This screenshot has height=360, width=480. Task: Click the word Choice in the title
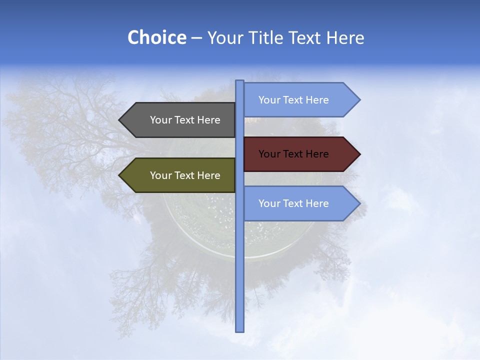pos(156,37)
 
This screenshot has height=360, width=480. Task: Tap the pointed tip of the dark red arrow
pos(359,154)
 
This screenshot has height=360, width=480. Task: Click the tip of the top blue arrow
pos(359,100)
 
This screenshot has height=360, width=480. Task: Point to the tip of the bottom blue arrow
pos(359,203)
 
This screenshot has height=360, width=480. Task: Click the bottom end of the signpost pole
pos(240,330)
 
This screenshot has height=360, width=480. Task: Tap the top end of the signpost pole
pos(240,81)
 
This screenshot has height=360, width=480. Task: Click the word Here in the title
pos(345,37)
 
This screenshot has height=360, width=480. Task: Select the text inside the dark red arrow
pos(293,154)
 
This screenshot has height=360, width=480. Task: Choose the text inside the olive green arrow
pos(185,175)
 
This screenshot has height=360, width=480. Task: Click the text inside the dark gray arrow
pos(185,120)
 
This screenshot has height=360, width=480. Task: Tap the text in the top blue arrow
pos(293,100)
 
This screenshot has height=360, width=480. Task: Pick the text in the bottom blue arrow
pos(293,203)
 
